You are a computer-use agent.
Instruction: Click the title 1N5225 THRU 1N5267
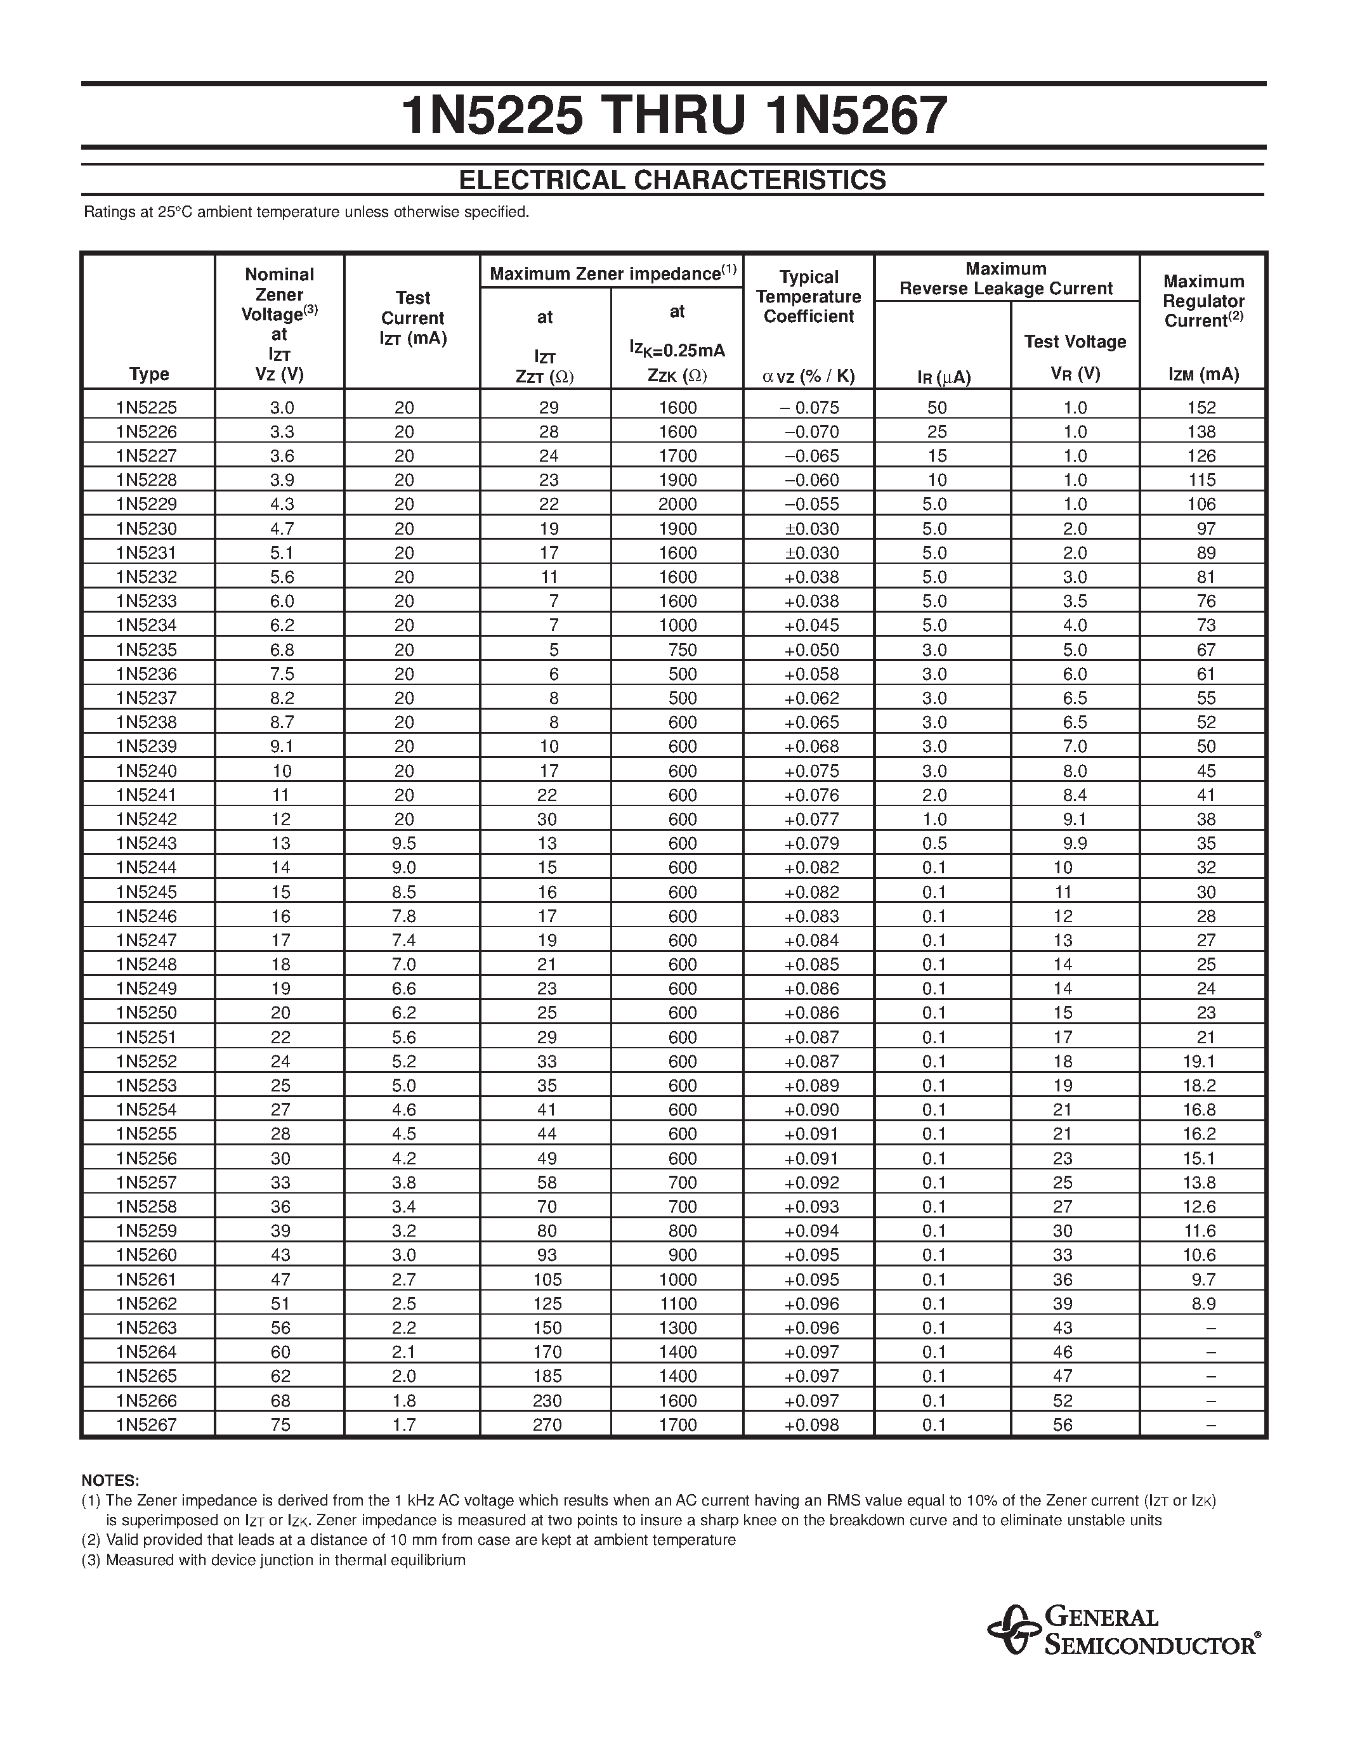673,116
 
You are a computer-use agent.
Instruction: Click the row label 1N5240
147,771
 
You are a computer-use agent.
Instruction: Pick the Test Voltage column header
1075,342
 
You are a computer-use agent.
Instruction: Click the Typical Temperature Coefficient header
808,297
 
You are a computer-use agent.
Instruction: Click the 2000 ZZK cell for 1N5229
677,504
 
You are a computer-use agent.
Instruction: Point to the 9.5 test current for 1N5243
404,843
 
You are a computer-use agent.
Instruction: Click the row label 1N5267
147,1424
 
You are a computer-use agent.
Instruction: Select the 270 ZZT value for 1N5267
547,1424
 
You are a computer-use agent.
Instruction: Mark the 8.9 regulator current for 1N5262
1203,1303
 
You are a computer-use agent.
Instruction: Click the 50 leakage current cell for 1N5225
937,407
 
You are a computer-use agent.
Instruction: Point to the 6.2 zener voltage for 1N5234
281,625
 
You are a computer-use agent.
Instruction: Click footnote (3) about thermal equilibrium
273,1559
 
